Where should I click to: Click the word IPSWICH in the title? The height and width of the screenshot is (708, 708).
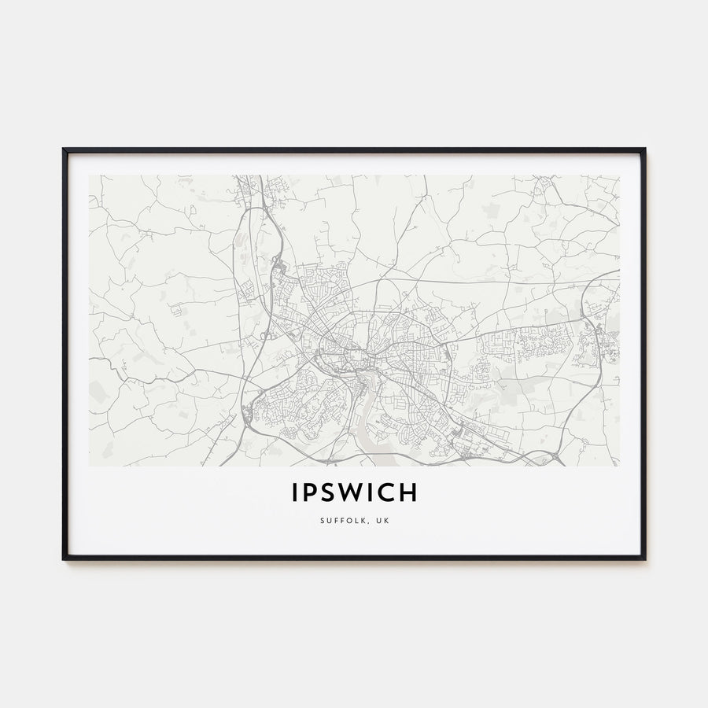(x=354, y=493)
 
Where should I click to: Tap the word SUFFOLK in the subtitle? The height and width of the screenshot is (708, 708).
(x=344, y=520)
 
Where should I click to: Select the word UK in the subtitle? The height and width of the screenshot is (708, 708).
(x=382, y=520)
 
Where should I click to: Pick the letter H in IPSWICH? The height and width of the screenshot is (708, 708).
(x=408, y=493)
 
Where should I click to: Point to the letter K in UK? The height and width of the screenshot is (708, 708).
(x=386, y=520)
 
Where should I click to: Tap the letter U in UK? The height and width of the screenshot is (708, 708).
(x=378, y=520)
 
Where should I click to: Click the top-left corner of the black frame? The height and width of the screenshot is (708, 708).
(x=64, y=149)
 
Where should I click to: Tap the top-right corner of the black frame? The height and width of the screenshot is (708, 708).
(x=644, y=149)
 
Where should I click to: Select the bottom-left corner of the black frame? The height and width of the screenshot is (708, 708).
(x=64, y=559)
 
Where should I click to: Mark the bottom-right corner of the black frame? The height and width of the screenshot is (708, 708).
(x=644, y=559)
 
